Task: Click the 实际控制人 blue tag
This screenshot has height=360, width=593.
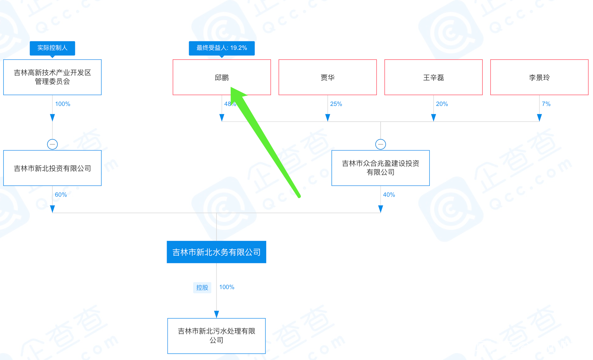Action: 52,48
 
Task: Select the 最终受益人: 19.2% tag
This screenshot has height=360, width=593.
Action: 222,48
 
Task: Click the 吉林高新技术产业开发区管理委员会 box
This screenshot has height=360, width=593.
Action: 52,77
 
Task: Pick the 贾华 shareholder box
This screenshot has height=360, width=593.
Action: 327,77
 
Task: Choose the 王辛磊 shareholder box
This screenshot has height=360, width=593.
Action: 433,77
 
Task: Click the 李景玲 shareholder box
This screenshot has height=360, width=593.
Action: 539,77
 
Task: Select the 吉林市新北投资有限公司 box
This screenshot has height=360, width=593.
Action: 52,168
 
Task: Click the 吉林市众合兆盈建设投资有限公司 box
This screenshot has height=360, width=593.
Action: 380,168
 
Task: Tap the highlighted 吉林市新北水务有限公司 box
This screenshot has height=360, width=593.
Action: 216,252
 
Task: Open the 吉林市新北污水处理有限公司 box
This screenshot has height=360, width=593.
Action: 216,336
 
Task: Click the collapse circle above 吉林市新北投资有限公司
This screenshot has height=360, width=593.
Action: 52,144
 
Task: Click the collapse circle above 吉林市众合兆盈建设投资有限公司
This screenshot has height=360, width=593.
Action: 381,144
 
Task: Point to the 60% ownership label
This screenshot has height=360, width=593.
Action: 61,195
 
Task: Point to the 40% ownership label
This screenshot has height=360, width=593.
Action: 389,195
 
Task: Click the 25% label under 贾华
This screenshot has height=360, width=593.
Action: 336,104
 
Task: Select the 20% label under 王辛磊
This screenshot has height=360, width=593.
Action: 442,104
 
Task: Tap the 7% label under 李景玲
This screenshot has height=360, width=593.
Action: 546,104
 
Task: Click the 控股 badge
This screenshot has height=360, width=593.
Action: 202,287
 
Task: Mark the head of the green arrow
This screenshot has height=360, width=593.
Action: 233,89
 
